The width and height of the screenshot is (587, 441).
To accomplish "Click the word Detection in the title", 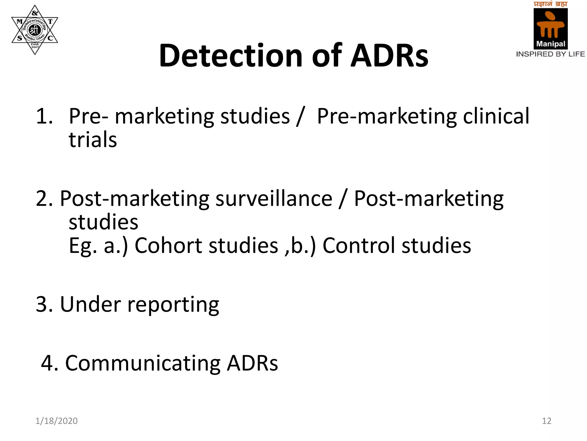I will (230, 55).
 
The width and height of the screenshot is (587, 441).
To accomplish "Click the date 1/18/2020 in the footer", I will (56, 421).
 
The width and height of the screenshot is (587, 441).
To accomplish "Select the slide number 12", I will (547, 421).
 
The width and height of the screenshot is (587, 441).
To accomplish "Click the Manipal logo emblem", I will (550, 28).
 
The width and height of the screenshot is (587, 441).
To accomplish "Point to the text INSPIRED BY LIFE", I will (550, 54).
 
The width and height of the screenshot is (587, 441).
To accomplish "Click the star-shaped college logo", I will (35, 30).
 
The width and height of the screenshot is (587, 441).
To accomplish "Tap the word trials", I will (93, 140).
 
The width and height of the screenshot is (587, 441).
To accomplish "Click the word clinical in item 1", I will (496, 116).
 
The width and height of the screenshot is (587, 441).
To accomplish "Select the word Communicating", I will (143, 363).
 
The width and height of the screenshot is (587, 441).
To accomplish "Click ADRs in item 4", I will (252, 363).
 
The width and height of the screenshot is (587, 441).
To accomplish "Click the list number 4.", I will (49, 363).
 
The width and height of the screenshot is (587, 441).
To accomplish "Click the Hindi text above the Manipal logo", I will (550, 4).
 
